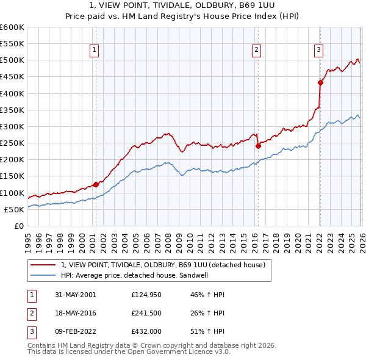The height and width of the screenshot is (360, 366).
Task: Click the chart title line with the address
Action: tap(182, 5)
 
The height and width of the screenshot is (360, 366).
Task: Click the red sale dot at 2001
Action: tap(96, 184)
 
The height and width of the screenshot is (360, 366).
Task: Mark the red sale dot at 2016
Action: tap(258, 146)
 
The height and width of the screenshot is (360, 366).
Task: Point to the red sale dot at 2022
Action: tap(320, 82)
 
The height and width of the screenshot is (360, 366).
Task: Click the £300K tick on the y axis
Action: tap(12, 126)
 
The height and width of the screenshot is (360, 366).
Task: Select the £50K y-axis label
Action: tap(14, 209)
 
